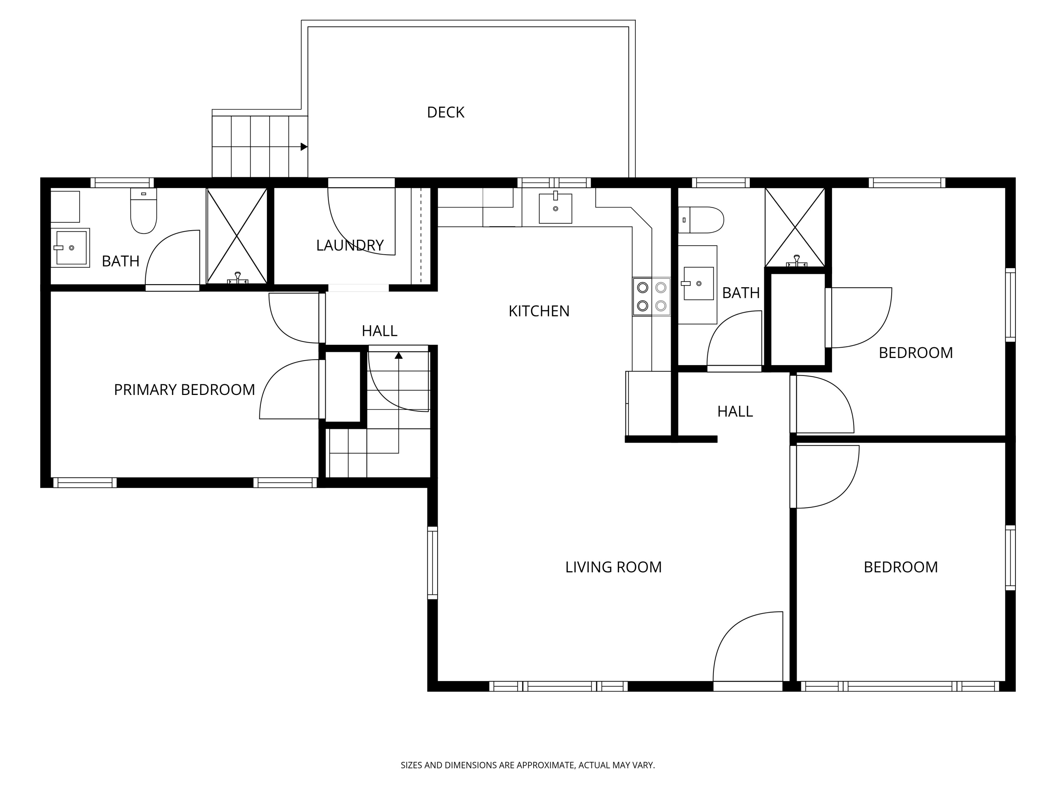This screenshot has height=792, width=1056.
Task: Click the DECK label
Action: pyautogui.click(x=445, y=112)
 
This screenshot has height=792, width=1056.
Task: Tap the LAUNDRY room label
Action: pyautogui.click(x=350, y=245)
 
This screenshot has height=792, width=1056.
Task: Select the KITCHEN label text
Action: pyautogui.click(x=539, y=311)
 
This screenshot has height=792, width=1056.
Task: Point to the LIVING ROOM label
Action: pyautogui.click(x=614, y=567)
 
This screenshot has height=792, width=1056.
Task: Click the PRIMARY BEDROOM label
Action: pyautogui.click(x=184, y=390)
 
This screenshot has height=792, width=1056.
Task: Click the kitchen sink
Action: pyautogui.click(x=555, y=208)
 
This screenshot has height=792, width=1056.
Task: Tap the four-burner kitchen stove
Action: pyautogui.click(x=652, y=296)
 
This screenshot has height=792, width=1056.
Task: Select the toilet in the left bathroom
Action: pyautogui.click(x=144, y=210)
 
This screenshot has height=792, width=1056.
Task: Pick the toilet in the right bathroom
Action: pyautogui.click(x=701, y=220)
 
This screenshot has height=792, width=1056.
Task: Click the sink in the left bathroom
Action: pyautogui.click(x=71, y=248)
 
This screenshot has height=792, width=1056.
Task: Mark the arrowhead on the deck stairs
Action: pyautogui.click(x=304, y=146)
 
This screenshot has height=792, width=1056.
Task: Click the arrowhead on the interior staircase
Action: pyautogui.click(x=398, y=355)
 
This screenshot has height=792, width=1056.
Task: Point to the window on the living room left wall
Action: pyautogui.click(x=433, y=563)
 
